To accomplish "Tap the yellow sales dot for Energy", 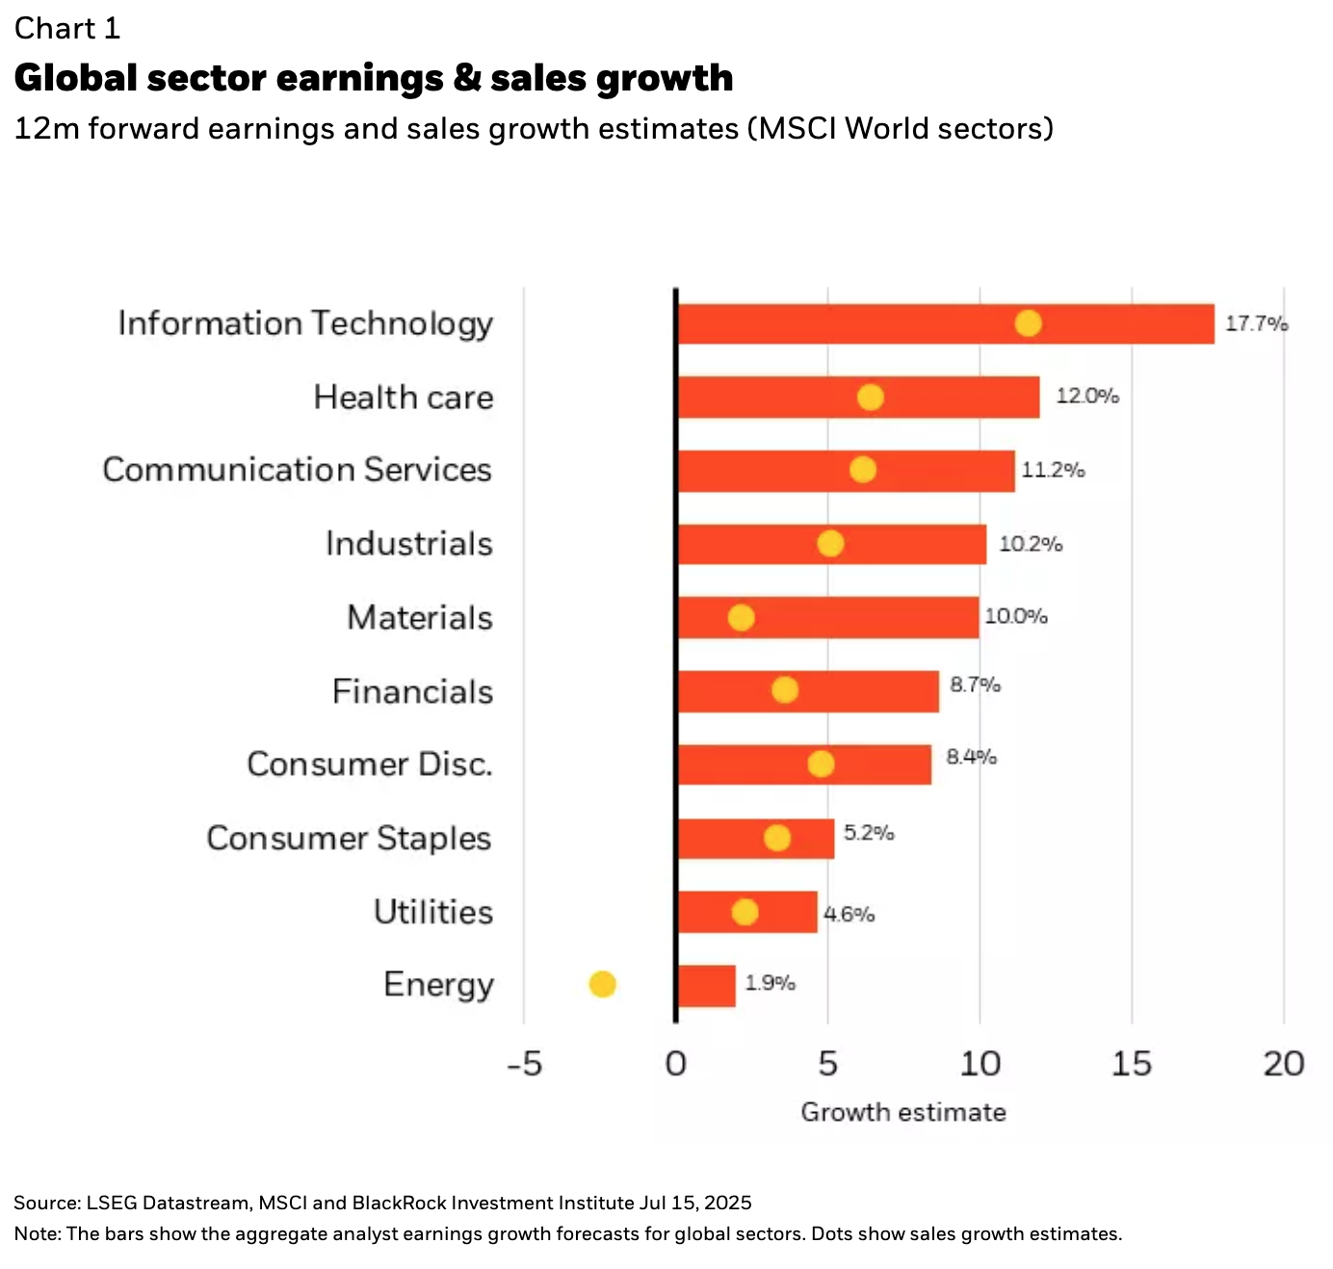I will [x=602, y=984].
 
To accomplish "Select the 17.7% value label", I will [x=1256, y=324].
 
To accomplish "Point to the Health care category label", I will [x=403, y=398].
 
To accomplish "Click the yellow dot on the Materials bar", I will [x=741, y=617].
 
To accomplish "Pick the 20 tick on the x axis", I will [x=1283, y=1064].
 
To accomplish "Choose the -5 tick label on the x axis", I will [x=525, y=1064].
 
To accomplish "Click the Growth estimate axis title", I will [x=902, y=1112].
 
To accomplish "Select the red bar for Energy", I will [x=707, y=986].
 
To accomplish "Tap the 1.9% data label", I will [x=770, y=983].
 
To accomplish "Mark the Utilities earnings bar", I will [x=747, y=912].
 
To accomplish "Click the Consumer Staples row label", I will [x=349, y=839].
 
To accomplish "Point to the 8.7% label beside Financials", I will [x=975, y=685].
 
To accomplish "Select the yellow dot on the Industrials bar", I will [x=830, y=544].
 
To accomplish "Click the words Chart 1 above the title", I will [x=67, y=29].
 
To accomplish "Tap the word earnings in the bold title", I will [x=360, y=78].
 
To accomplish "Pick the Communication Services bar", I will [x=846, y=471].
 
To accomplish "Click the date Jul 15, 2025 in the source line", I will [x=694, y=1203].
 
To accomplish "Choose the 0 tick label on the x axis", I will [x=676, y=1064].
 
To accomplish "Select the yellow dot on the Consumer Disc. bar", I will [x=821, y=764].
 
